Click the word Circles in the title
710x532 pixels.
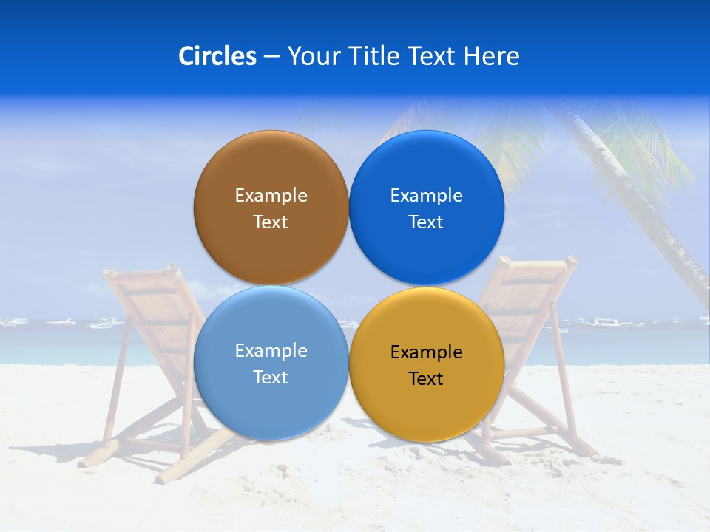(217, 56)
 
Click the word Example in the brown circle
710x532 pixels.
(271, 196)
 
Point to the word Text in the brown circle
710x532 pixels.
(271, 222)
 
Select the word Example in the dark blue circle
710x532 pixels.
(427, 196)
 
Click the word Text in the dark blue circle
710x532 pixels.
(427, 222)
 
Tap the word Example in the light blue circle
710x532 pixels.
(271, 351)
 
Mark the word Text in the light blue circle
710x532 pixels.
(271, 378)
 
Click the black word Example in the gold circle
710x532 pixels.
(427, 352)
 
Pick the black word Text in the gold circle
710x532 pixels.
(427, 379)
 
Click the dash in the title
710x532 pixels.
(271, 57)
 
